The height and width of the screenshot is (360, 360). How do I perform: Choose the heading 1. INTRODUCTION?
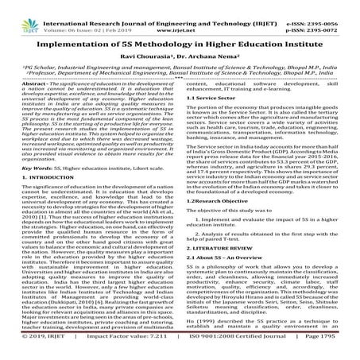tap(46, 195)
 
